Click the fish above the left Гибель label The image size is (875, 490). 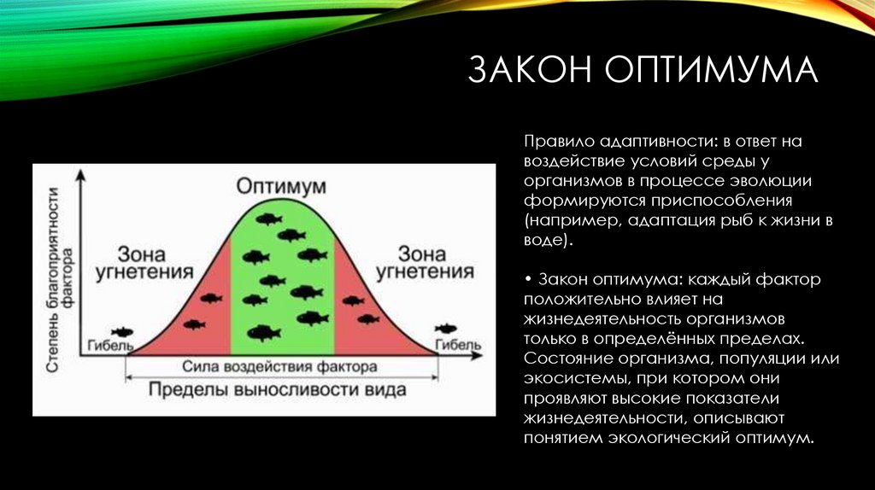[x=123, y=331]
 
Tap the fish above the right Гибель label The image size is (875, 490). [x=445, y=329]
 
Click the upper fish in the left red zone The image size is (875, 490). [x=210, y=298]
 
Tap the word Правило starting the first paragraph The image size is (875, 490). [x=554, y=141]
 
